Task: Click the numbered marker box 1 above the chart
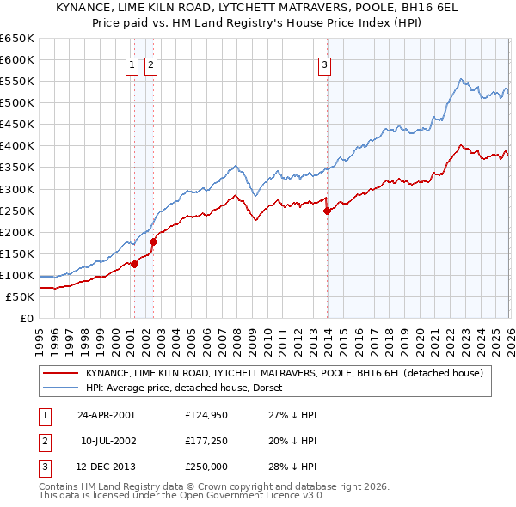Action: [133, 64]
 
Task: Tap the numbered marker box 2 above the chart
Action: [150, 64]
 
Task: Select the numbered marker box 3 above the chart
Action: [325, 64]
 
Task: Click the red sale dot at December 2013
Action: [327, 211]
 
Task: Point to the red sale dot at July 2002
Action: [153, 241]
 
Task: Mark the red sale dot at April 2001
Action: [135, 264]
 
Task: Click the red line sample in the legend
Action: [60, 373]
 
